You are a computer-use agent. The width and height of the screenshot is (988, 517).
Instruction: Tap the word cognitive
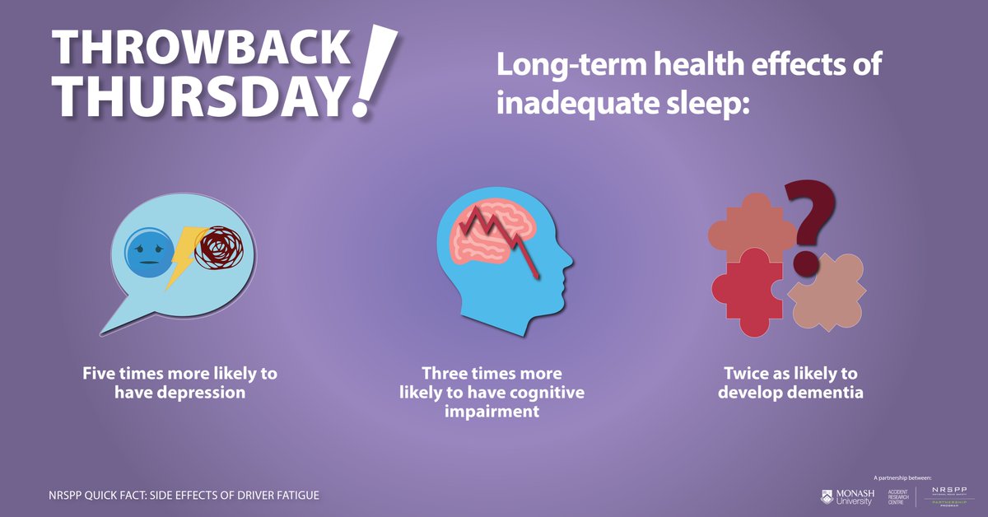coord(545,393)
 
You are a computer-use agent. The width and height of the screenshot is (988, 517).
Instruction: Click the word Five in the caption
coord(100,373)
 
